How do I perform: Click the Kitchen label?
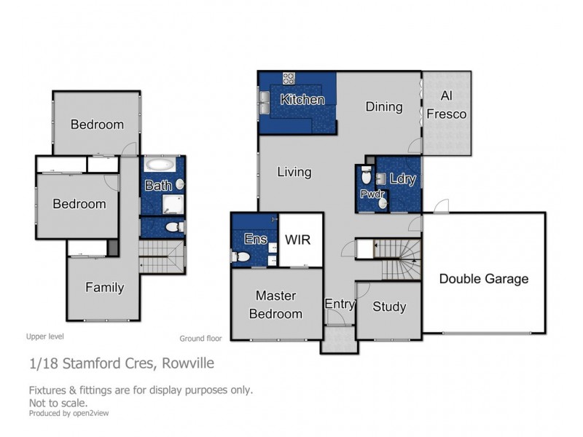tap(302, 99)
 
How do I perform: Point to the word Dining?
tap(384, 106)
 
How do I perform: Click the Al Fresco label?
tap(447, 105)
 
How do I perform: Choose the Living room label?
tap(294, 172)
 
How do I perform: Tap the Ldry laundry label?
tap(402, 178)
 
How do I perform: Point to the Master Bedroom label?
tap(276, 305)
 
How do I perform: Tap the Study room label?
tap(389, 307)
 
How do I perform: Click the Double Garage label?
tap(484, 278)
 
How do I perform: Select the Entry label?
tap(339, 304)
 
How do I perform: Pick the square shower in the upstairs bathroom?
tap(173, 205)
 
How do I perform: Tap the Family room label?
tap(104, 287)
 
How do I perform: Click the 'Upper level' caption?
tap(45, 336)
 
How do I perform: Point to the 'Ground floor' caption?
tap(200, 338)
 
